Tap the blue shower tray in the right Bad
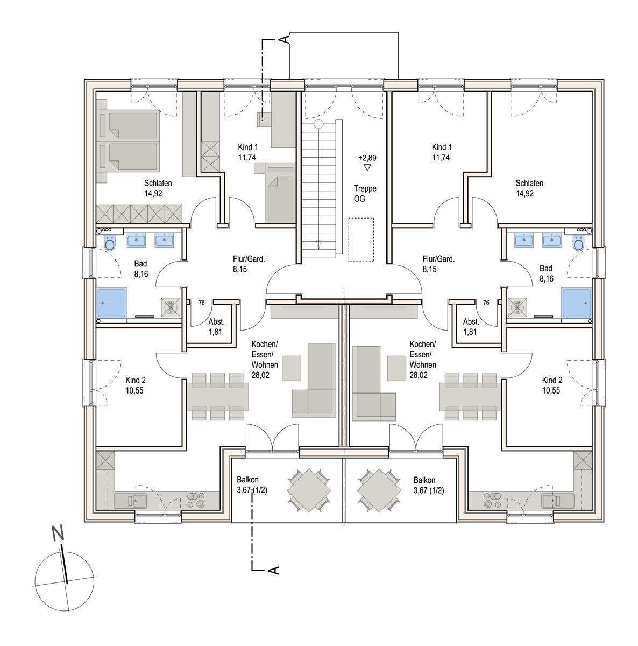point(576,303)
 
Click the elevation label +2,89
point(367,157)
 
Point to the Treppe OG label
point(365,193)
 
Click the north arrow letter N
point(58,532)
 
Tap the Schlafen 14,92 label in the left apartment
point(158,188)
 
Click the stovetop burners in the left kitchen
point(196,500)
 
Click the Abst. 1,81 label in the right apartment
point(471,327)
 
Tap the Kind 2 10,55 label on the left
point(136,385)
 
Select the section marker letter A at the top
point(284,39)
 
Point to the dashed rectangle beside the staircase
point(361,240)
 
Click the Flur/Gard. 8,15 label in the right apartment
point(438,264)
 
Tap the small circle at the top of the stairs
point(318,124)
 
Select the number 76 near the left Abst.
point(201,303)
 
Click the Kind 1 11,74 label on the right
point(442,152)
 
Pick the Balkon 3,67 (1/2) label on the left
point(252,485)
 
